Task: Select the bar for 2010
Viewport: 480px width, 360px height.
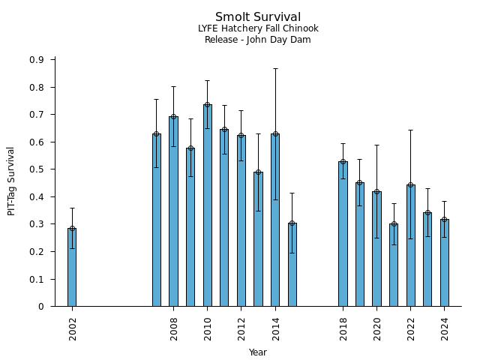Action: click(x=207, y=205)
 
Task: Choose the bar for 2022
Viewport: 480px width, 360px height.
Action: click(x=410, y=245)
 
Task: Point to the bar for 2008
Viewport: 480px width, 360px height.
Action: click(x=173, y=211)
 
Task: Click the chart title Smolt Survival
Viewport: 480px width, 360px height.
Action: click(x=258, y=17)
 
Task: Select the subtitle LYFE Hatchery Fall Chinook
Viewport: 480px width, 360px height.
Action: click(x=258, y=28)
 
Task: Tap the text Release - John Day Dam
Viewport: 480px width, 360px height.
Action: click(x=258, y=40)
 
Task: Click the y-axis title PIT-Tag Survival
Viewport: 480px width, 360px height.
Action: click(x=11, y=181)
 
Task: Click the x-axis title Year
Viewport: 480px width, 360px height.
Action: click(x=258, y=352)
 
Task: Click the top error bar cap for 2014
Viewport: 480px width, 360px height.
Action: click(x=275, y=68)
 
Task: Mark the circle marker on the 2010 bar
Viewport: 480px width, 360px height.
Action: click(x=207, y=105)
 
